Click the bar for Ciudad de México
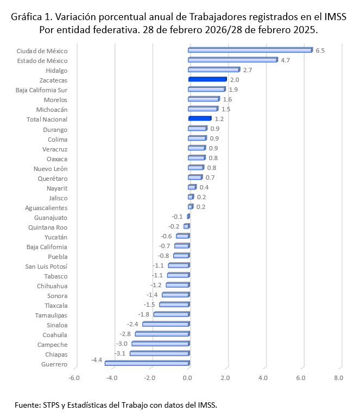click(250, 50)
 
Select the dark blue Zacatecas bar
click(207, 80)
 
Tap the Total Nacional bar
click(199, 119)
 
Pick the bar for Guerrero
click(147, 364)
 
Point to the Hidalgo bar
click(213, 70)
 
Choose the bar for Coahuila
click(162, 334)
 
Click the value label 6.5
click(320, 50)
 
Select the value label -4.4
click(97, 360)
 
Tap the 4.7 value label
click(285, 60)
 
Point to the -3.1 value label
click(121, 353)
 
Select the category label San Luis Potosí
click(46, 266)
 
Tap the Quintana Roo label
click(48, 227)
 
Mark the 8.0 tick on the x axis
click(339, 378)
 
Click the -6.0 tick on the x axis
click(74, 378)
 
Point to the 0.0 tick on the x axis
click(188, 378)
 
